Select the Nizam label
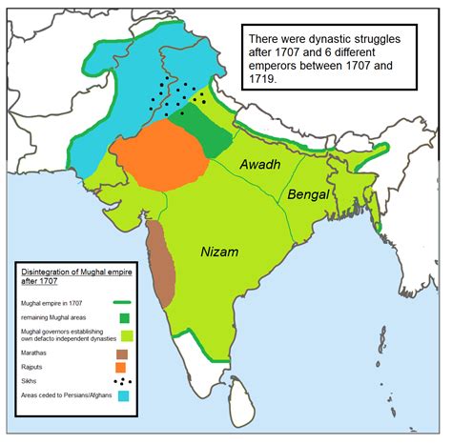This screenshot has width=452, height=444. click(x=220, y=252)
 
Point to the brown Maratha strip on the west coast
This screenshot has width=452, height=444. click(x=160, y=262)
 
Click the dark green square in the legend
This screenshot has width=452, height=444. click(x=123, y=317)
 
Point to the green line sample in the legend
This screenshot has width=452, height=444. click(x=123, y=300)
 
